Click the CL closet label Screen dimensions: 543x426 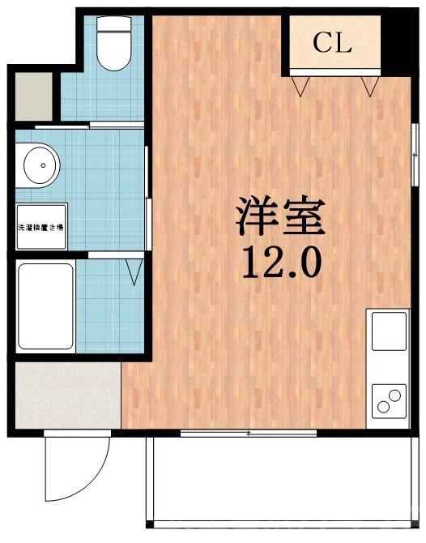click(333, 44)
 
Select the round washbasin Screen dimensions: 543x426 click(40, 167)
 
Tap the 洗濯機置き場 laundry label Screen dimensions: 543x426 click(40, 229)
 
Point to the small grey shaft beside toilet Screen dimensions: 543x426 click(32, 95)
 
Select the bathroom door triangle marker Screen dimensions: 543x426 click(135, 271)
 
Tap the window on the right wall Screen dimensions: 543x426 click(414, 150)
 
